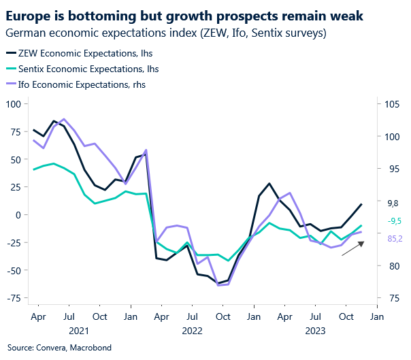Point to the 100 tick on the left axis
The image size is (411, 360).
[13, 103]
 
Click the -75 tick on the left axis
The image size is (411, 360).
[13, 298]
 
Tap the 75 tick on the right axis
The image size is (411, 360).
[392, 298]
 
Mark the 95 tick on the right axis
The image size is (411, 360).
[392, 169]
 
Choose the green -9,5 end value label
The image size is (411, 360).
[394, 221]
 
